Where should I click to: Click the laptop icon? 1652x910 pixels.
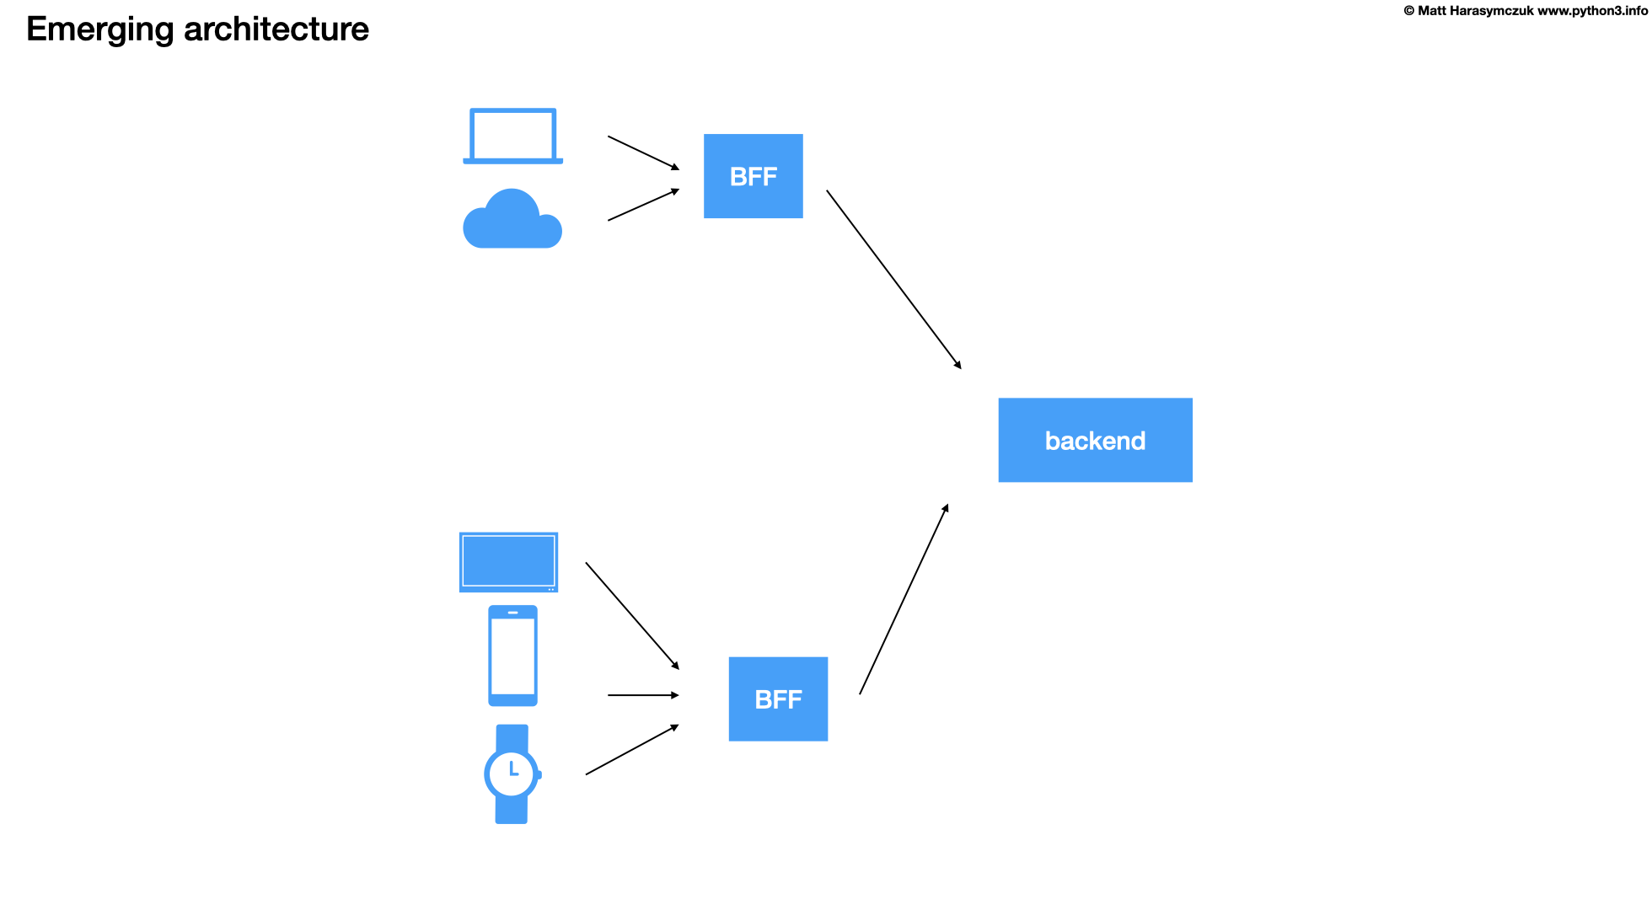pos(512,136)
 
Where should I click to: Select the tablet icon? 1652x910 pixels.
pos(508,562)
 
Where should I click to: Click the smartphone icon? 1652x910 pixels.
pos(512,656)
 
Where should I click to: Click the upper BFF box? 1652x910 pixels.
pos(753,176)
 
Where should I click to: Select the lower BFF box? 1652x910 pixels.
pos(778,699)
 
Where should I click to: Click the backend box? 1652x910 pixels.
pos(1095,440)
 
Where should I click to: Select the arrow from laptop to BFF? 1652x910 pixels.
pos(643,153)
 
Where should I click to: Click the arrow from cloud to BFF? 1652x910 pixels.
pos(643,205)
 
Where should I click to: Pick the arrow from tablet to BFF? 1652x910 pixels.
pos(632,615)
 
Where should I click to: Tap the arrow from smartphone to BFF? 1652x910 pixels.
pos(642,695)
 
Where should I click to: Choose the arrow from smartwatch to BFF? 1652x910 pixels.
pos(632,750)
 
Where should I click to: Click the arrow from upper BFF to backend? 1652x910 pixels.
pos(893,279)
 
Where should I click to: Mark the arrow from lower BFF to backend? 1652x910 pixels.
pos(904,599)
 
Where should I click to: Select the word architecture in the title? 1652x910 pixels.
pos(276,29)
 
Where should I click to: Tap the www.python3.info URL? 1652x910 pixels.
pos(1592,11)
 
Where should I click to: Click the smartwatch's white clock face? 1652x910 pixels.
pos(512,773)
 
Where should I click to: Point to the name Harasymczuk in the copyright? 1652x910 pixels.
pos(1491,11)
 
